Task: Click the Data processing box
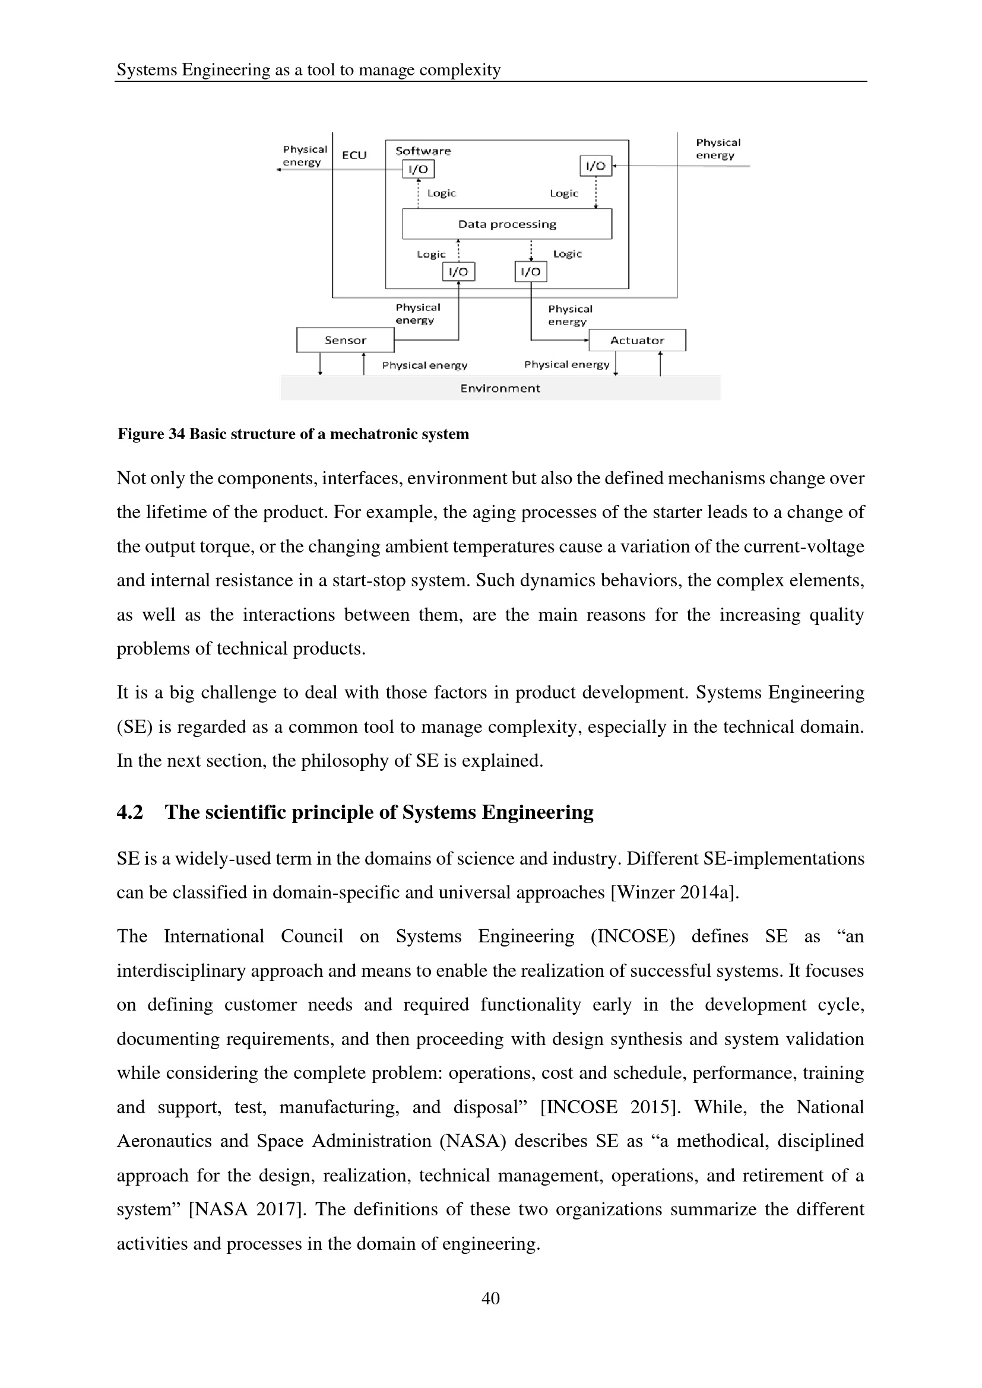(x=506, y=224)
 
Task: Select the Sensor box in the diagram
(x=346, y=341)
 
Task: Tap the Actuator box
(x=636, y=341)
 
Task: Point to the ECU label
(x=354, y=155)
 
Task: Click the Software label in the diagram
(x=423, y=151)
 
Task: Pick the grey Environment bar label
(x=500, y=388)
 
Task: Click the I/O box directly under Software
(x=419, y=169)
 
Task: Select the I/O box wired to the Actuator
(x=531, y=272)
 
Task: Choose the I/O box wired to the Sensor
(x=458, y=272)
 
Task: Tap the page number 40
(x=490, y=1298)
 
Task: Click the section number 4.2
(x=129, y=812)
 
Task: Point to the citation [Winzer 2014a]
(x=675, y=892)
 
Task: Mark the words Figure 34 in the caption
(x=151, y=434)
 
